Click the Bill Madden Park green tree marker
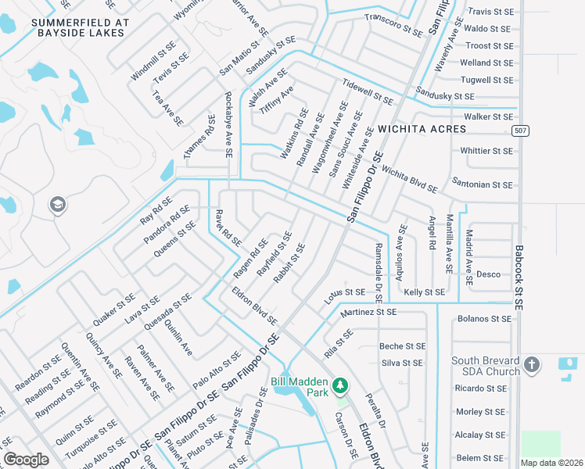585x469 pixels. [x=340, y=385]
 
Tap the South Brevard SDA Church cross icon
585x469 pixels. [x=531, y=365]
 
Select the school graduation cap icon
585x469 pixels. [x=56, y=206]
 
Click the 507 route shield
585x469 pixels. [x=519, y=130]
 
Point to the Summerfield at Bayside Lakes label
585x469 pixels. [x=79, y=28]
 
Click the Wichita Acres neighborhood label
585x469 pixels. [x=422, y=128]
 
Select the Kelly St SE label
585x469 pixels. [x=425, y=292]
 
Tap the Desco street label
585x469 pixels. [x=488, y=274]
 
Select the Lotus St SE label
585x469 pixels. [x=344, y=295]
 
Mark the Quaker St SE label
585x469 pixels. [x=115, y=310]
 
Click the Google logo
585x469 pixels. [x=26, y=460]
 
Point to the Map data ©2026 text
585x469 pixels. [x=551, y=463]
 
